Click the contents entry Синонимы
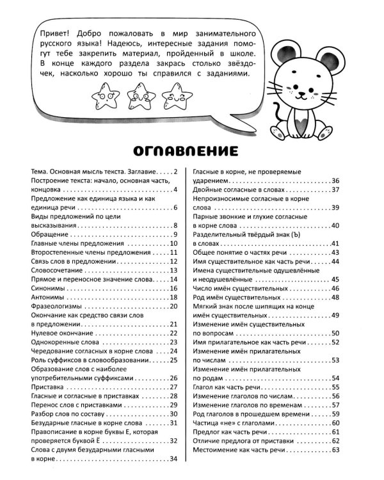48,289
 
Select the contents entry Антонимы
47,298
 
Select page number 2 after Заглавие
174,172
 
